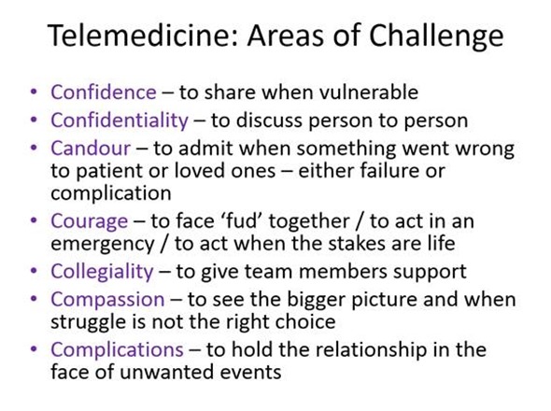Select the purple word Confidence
coord(103,92)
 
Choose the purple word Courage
coord(90,222)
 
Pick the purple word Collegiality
coord(102,272)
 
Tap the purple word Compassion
coord(105,300)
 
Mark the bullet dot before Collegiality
coord(35,272)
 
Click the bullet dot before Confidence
coord(35,92)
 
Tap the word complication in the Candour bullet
coord(110,193)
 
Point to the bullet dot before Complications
coord(35,349)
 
